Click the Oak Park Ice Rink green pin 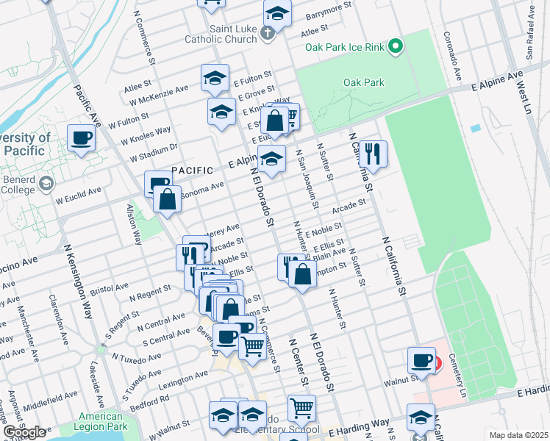396,47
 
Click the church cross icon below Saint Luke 268,32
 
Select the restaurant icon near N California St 374,153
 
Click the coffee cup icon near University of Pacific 81,137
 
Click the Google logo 25,432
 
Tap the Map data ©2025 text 518,435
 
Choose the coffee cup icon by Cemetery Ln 422,359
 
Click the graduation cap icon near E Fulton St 215,76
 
